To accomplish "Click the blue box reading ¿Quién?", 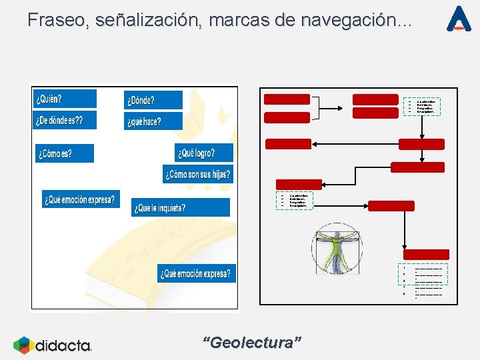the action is tap(65, 99).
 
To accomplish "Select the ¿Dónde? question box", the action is tap(153, 101).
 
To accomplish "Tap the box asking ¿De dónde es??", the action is tap(65, 120).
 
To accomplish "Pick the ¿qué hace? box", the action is tap(153, 121).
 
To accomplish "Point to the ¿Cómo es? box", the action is tap(64, 153).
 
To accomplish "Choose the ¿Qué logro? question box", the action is tap(203, 153).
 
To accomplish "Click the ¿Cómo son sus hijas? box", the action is tap(197, 175).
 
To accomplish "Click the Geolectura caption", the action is tap(251, 343).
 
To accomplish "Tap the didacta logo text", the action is tap(63, 345).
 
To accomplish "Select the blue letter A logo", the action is tap(459, 19).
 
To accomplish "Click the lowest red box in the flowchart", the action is tap(426, 255).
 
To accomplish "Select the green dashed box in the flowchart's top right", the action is tap(422, 107).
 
